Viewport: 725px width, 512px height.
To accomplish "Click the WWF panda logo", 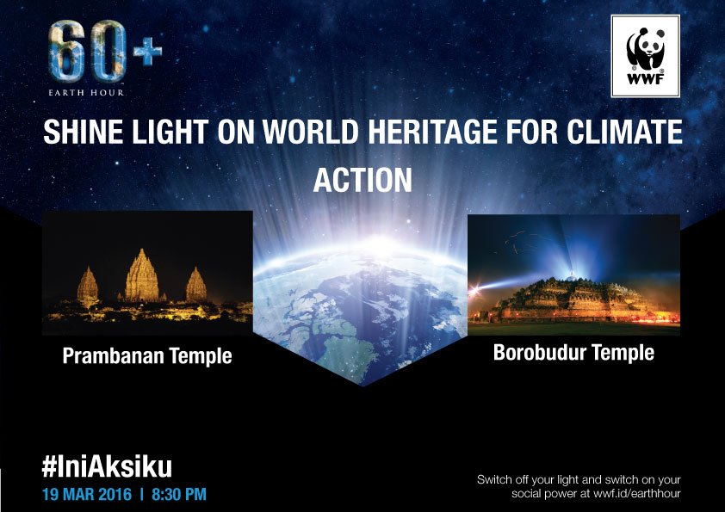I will [644, 56].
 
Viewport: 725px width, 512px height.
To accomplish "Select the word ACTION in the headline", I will [362, 179].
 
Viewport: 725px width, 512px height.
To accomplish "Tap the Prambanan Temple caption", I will [147, 355].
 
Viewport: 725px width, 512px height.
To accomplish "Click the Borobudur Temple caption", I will [573, 353].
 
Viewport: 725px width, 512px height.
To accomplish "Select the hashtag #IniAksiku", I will [107, 467].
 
